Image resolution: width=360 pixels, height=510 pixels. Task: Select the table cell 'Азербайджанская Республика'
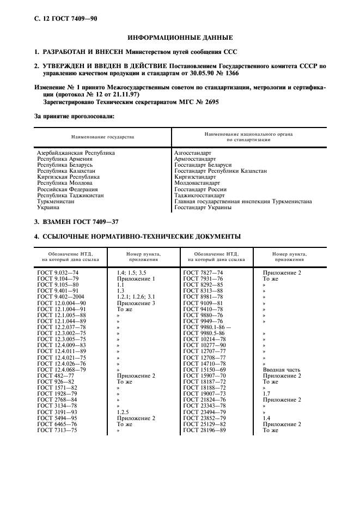pyautogui.click(x=76, y=153)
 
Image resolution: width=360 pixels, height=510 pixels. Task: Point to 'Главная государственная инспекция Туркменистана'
pyautogui.click(x=242, y=201)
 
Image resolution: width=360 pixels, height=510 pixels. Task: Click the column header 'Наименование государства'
pyautogui.click(x=102, y=136)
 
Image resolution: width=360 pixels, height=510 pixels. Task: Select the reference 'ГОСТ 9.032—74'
pyautogui.click(x=58, y=272)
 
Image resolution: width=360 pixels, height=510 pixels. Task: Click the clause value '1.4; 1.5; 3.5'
pyautogui.click(x=131, y=272)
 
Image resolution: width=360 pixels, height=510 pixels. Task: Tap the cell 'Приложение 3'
pyautogui.click(x=136, y=302)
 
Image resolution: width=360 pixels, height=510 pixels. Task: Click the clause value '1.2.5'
pyautogui.click(x=124, y=412)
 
